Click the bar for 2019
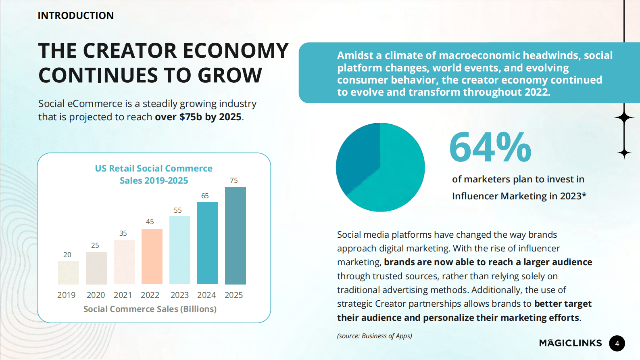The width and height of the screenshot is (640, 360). pos(68,272)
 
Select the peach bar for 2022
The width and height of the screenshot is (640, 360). pos(152,256)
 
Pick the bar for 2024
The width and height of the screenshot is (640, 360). pos(207,243)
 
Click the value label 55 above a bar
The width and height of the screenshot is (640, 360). pos(178,210)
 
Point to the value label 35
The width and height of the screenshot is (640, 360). pos(123,233)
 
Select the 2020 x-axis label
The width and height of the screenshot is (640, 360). pos(96,295)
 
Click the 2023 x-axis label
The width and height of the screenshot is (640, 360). pos(179,295)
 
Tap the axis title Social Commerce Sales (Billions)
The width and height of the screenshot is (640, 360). pos(150,309)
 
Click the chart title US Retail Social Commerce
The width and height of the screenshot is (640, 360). pos(154,168)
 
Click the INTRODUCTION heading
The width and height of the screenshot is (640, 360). pos(75,16)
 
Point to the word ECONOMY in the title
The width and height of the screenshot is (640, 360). pos(236,51)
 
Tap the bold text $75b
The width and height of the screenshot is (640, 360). pos(190,117)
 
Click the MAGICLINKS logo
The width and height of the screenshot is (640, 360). pos(570,343)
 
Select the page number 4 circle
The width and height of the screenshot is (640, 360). pos(617,343)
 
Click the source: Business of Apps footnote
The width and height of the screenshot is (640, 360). pos(374,336)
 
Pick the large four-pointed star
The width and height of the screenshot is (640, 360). pos(624,117)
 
